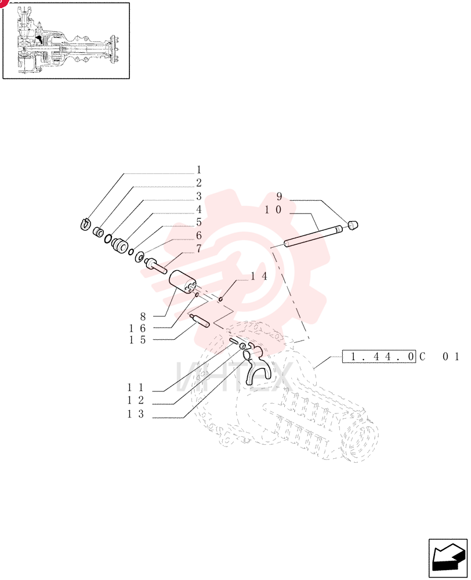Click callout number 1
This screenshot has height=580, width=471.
199,170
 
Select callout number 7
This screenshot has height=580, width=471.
199,249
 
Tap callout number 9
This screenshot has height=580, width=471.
279,197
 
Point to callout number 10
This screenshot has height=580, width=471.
273,210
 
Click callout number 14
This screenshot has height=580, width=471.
259,276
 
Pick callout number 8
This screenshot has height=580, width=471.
143,316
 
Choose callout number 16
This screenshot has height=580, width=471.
137,328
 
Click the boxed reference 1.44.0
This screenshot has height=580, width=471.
379,357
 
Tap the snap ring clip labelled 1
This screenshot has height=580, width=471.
85,224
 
